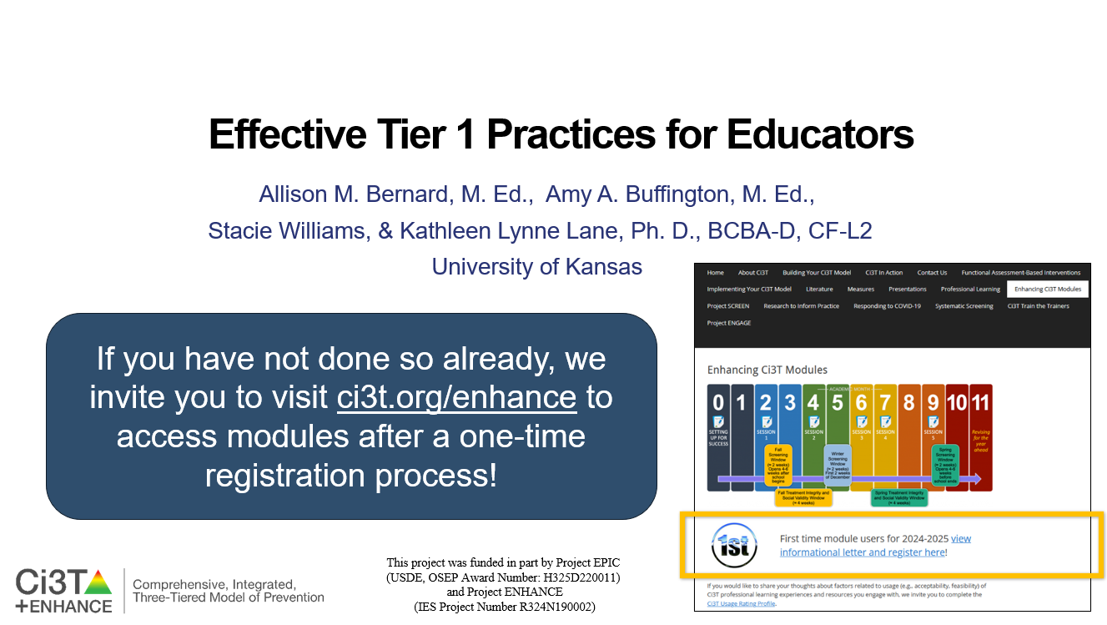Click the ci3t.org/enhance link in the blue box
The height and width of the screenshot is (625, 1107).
(456, 397)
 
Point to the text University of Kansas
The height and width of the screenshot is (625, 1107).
(536, 267)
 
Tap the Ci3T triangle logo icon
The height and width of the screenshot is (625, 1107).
(98, 581)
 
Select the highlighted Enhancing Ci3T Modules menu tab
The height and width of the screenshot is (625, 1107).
(1047, 290)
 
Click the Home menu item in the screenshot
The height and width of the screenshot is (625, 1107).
(715, 273)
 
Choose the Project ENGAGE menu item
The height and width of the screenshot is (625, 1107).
(728, 323)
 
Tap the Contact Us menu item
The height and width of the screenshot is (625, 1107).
(932, 273)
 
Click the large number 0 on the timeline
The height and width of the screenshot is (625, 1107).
(718, 403)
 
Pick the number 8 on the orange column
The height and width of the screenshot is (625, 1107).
(908, 403)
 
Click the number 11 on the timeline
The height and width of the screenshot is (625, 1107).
(980, 403)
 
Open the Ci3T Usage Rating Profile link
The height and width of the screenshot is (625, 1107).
(741, 603)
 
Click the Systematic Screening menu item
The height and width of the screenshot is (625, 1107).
(964, 306)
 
